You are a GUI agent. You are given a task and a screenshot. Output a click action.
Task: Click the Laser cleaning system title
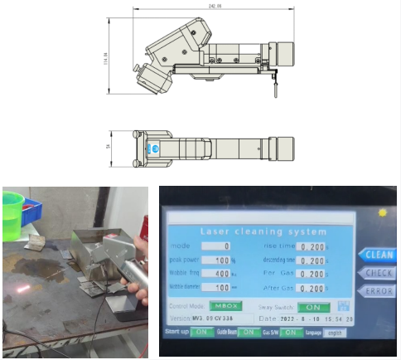coord(263,231)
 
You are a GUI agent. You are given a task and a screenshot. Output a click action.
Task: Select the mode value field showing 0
coord(226,246)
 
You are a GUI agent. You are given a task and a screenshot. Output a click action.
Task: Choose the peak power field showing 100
coord(225,260)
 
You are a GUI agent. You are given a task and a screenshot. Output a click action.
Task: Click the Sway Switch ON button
coord(312,306)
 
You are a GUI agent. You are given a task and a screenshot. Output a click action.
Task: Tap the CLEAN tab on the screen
coord(379,255)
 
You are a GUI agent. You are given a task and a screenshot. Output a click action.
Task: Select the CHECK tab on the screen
coord(379,273)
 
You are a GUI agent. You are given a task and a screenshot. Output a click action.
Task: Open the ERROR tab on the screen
coord(379,291)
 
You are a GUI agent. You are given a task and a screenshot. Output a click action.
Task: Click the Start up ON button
coord(201,333)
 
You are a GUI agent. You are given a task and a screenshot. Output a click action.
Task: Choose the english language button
coord(333,333)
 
